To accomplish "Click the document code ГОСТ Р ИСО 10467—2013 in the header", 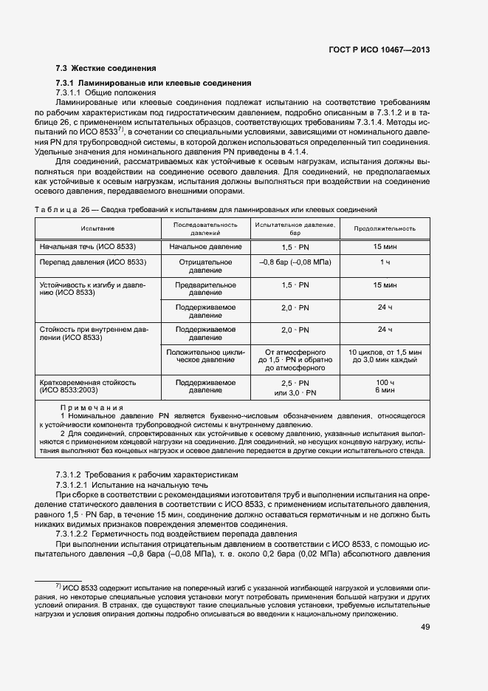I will [x=379, y=50].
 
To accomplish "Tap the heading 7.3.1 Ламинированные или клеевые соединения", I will [x=154, y=84].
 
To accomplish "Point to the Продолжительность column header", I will [x=385, y=228].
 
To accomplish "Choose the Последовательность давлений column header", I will [x=205, y=228].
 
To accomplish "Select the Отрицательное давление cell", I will [x=205, y=266].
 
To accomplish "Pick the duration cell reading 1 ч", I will [x=385, y=262].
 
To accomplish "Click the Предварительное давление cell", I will [x=205, y=288].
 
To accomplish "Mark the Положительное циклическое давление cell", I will [x=205, y=356].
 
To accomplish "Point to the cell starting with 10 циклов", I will [x=385, y=356].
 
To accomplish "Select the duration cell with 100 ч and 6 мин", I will [x=385, y=387].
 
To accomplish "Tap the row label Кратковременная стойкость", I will [x=87, y=383].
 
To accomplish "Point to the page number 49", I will [x=425, y=627].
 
